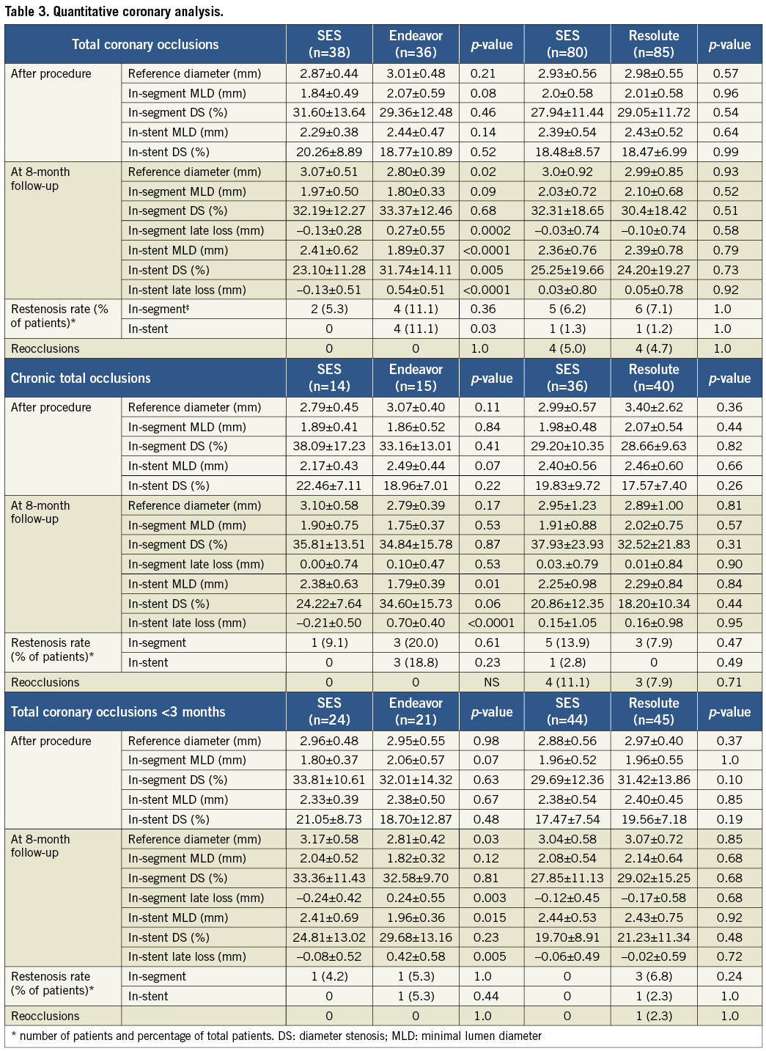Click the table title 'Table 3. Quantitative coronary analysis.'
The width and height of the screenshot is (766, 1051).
click(x=114, y=12)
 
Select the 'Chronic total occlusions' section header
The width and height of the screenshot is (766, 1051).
click(x=81, y=378)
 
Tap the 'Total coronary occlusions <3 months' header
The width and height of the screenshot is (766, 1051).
click(x=118, y=712)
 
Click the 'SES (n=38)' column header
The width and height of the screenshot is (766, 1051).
click(x=329, y=44)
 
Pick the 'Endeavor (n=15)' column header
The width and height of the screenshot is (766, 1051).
click(x=416, y=378)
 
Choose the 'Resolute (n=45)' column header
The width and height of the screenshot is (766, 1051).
click(x=654, y=711)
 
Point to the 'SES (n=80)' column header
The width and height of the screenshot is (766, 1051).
click(x=567, y=44)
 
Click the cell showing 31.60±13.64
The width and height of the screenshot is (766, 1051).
click(x=329, y=112)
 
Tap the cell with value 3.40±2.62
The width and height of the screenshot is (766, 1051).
click(x=654, y=407)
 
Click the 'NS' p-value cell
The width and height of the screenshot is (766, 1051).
click(x=491, y=682)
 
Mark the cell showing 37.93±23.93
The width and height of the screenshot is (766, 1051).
click(x=567, y=544)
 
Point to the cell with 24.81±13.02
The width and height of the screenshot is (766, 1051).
click(x=329, y=937)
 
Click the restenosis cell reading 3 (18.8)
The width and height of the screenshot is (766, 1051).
click(x=416, y=662)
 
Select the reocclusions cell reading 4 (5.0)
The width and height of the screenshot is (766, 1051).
click(x=567, y=348)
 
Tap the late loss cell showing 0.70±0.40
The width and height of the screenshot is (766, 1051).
click(x=416, y=623)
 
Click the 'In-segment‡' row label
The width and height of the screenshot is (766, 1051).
click(x=157, y=309)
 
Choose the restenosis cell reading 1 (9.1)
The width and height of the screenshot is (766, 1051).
click(x=329, y=642)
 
